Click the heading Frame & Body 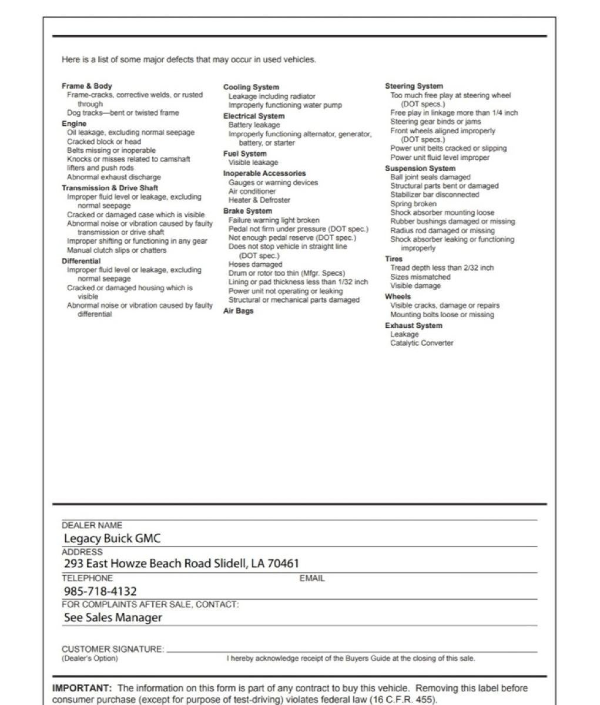86,86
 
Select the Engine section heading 74,124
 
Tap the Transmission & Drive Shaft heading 110,188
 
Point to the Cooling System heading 251,88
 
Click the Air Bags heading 238,311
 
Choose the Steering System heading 414,86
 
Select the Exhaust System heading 414,325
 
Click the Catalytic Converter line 421,343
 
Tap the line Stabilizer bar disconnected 434,194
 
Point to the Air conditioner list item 252,192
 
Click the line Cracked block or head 104,142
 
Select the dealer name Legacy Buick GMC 112,539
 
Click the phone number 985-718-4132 100,591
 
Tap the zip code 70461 283,563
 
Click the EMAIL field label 311,579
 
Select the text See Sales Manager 113,617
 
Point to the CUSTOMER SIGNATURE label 112,649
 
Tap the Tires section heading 394,259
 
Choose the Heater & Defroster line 259,200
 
